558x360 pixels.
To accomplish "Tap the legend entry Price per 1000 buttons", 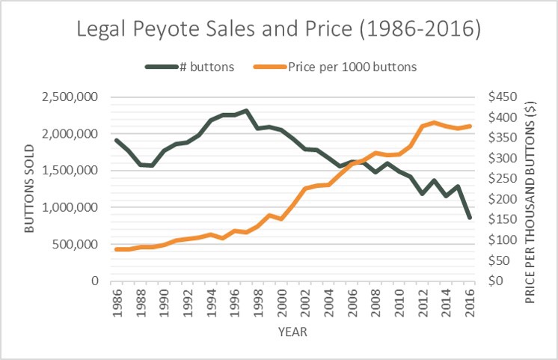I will (x=343, y=67).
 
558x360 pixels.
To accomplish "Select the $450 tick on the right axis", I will (x=498, y=97).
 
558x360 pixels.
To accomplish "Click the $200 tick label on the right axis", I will (x=498, y=199).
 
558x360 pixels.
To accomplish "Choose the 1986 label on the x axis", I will (x=117, y=301).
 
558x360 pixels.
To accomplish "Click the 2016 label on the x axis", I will (x=470, y=301).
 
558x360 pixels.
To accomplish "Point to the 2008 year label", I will (x=376, y=301).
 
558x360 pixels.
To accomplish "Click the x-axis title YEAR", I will (x=292, y=330).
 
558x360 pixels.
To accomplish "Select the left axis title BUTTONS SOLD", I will (x=30, y=189).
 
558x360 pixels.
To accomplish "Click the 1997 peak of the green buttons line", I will (x=246, y=111).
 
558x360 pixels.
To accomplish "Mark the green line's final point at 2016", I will (x=469, y=218).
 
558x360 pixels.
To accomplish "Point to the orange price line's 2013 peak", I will (x=434, y=122).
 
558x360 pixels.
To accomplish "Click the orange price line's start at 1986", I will (x=117, y=249).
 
